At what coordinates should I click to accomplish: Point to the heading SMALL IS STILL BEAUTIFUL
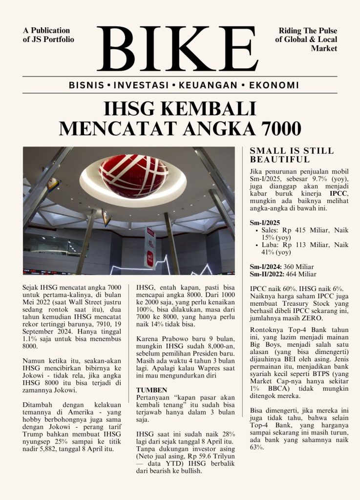292,155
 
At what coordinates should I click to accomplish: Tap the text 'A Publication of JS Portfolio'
48,35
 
